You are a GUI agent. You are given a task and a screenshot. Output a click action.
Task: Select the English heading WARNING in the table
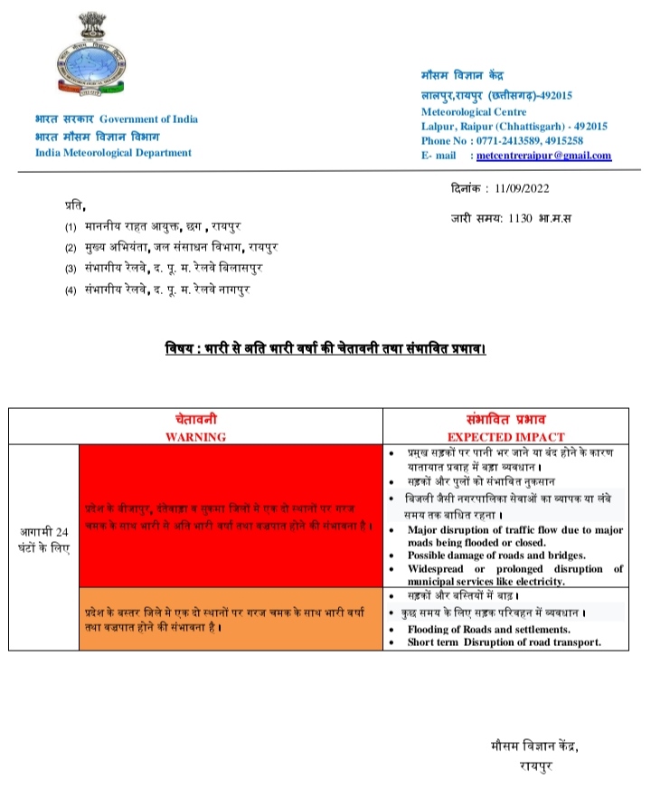pos(195,436)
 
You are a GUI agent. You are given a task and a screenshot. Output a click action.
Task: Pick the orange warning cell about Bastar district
pos(231,618)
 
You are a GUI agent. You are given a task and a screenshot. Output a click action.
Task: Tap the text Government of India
pos(148,119)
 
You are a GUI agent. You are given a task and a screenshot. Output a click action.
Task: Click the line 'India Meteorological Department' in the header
pos(113,152)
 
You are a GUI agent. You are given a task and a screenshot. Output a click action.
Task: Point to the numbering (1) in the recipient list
pos(71,226)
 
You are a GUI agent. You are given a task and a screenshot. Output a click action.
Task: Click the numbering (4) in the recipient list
pos(71,290)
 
